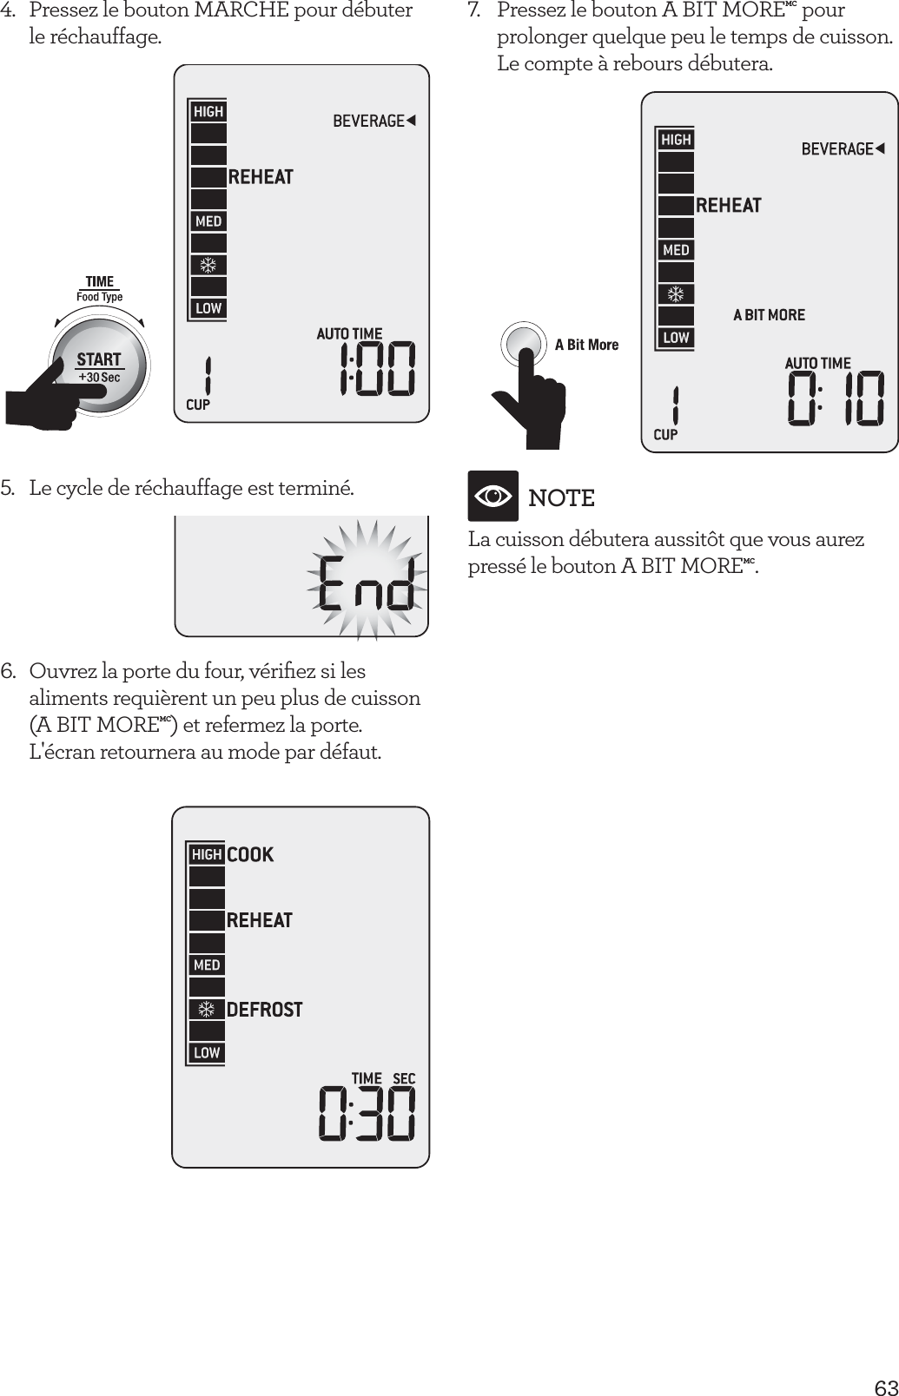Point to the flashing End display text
click(365, 583)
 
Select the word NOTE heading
click(561, 498)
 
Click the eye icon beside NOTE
click(493, 497)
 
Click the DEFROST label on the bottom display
click(264, 1010)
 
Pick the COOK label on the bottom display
click(250, 855)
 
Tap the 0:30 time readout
click(366, 1116)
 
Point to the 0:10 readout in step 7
click(835, 400)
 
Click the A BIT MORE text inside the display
click(769, 315)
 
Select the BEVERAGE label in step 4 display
click(369, 121)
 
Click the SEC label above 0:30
click(404, 1078)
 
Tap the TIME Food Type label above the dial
click(100, 288)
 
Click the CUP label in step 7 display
click(664, 434)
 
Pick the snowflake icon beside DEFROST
click(207, 1010)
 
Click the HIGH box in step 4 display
click(208, 111)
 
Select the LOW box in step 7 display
click(676, 337)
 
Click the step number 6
click(8, 671)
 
